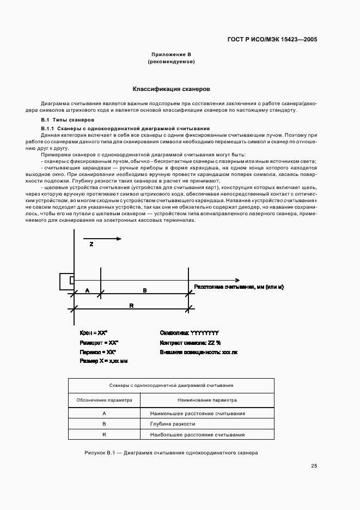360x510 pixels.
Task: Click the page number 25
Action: click(x=314, y=465)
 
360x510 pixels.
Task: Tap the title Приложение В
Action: click(x=171, y=54)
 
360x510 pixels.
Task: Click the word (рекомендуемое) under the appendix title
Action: click(x=171, y=62)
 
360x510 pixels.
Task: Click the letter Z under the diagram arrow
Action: click(x=91, y=245)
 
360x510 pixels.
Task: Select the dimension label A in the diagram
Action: click(x=87, y=290)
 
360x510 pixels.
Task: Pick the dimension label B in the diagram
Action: click(x=144, y=290)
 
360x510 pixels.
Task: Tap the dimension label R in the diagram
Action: click(x=131, y=306)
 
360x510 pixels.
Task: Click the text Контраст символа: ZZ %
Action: click(x=190, y=342)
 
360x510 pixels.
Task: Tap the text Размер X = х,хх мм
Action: click(x=103, y=361)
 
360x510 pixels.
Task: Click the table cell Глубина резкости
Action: click(x=172, y=423)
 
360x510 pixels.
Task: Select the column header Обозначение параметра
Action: click(x=104, y=399)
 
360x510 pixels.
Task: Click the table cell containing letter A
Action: click(x=104, y=413)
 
